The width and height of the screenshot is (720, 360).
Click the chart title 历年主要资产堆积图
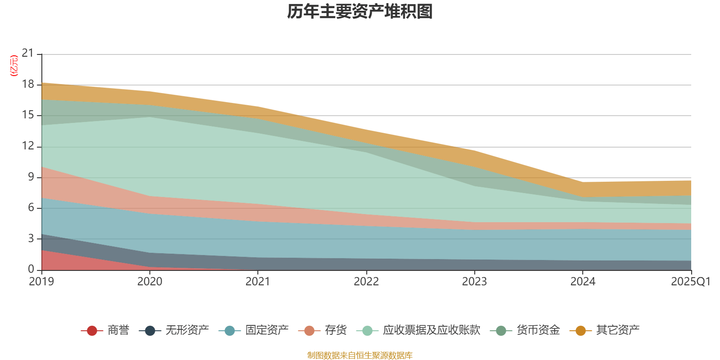[360, 12]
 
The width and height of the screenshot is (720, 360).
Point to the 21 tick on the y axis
[28, 54]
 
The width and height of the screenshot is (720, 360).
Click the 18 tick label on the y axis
[28, 84]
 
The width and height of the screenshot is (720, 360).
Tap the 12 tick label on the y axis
[28, 146]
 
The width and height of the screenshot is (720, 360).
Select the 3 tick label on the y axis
[31, 238]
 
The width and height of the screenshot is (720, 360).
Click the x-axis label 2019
[41, 282]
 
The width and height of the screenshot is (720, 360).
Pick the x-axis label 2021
[258, 282]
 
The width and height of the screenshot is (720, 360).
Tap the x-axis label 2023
[474, 282]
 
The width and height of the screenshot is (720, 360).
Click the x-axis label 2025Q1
[690, 282]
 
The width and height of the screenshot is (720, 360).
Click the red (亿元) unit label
[14, 66]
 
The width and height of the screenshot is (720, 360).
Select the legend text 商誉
[118, 330]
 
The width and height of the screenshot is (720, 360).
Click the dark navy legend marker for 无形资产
[150, 331]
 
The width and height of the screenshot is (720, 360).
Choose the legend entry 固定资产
[267, 330]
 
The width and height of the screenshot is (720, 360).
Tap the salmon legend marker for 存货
[309, 331]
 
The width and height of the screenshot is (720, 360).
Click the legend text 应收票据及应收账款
[431, 330]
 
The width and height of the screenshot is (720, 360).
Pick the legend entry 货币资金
[538, 330]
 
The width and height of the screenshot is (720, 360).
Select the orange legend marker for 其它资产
[580, 331]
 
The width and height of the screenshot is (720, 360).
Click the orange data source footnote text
[360, 355]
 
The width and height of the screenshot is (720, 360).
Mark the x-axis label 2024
[582, 282]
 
